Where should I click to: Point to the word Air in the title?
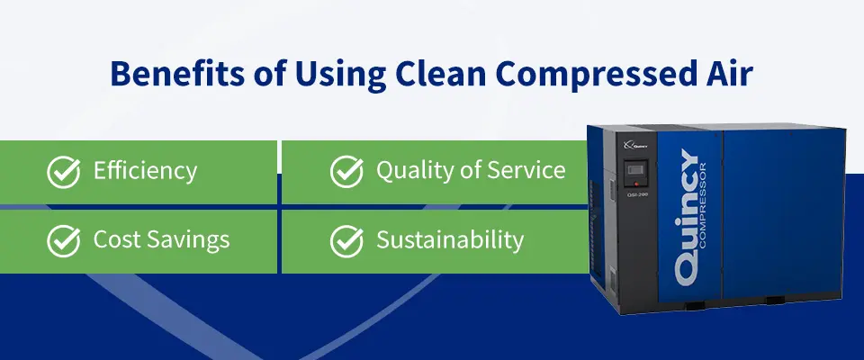coord(726,75)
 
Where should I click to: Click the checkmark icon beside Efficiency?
coord(63,171)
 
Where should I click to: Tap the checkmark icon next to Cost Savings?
coord(63,240)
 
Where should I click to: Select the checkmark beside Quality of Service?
coord(346,171)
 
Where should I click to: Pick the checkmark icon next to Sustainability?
coord(346,240)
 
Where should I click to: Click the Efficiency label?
coord(145,171)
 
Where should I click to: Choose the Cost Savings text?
coord(161,240)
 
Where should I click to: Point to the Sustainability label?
coord(449,240)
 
